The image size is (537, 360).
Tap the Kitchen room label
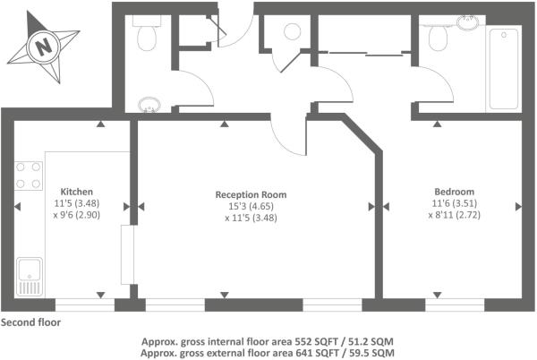tap(77, 192)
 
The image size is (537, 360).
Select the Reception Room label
tap(251, 194)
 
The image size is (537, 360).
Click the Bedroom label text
tap(455, 192)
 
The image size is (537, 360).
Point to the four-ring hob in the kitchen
tap(29, 176)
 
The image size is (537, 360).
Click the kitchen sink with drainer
tap(30, 277)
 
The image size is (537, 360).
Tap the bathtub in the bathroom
tap(503, 70)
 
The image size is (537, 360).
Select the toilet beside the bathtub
tap(438, 39)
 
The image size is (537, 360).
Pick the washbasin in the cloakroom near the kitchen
tap(149, 105)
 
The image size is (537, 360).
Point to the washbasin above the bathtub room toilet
tap(467, 22)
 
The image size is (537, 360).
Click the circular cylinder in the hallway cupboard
tap(292, 32)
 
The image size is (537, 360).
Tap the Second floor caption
tap(30, 322)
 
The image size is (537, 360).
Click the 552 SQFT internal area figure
tap(316, 341)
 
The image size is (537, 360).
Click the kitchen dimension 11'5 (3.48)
tap(77, 203)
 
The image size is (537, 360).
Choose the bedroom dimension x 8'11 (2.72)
tap(455, 215)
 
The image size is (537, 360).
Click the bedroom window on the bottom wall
tap(455, 304)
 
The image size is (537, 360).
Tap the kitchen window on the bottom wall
tap(85, 304)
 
